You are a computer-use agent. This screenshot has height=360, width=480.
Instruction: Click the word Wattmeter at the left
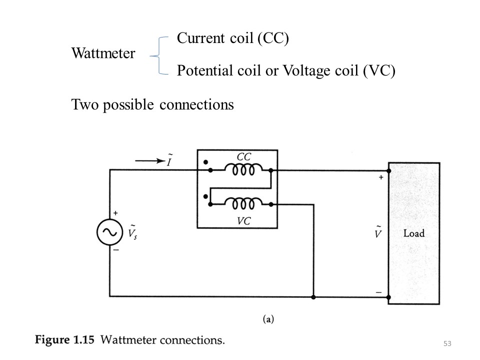point(103,53)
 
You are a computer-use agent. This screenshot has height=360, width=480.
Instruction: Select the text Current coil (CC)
point(233,38)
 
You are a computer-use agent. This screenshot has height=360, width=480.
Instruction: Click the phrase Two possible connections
point(152,105)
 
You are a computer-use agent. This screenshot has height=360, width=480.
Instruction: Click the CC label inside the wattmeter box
point(243,157)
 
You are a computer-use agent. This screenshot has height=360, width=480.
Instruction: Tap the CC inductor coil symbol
point(243,170)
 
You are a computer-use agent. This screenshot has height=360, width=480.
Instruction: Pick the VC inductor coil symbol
point(243,203)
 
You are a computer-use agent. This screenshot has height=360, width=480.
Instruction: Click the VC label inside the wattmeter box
point(243,220)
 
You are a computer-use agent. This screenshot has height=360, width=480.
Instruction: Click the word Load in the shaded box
point(414,233)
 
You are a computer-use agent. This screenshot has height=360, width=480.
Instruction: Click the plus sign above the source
point(115,213)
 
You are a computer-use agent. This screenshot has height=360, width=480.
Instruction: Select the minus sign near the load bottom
point(378,291)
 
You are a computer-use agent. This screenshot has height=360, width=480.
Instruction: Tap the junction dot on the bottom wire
point(313,297)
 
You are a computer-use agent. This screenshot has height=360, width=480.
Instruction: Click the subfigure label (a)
point(268,318)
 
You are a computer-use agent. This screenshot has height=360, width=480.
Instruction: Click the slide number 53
point(447,343)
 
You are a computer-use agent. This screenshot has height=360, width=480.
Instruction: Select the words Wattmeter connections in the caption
point(162,340)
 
